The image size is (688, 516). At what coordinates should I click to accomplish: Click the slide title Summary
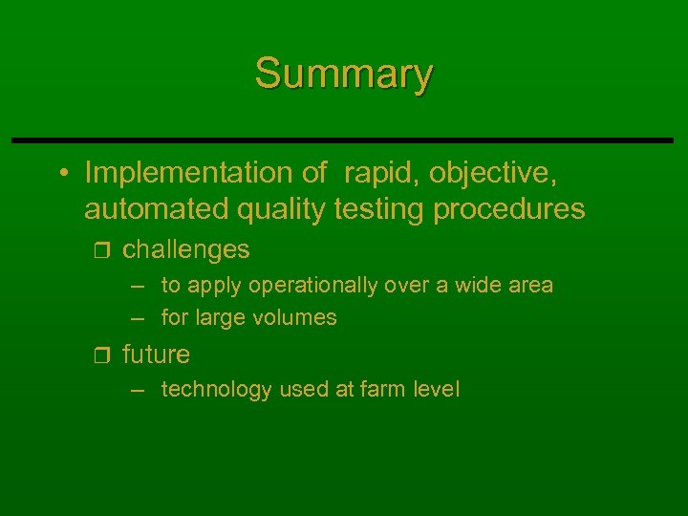tap(344, 73)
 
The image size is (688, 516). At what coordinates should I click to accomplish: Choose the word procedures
tap(509, 208)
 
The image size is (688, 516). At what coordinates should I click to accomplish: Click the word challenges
tap(186, 249)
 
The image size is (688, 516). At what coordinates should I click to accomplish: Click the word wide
tap(473, 285)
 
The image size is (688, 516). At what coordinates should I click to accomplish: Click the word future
tap(156, 355)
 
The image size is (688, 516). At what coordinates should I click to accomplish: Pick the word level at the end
tap(437, 389)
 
